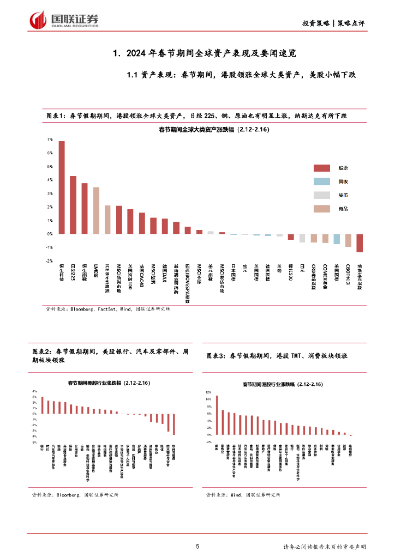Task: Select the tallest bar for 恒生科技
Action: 62,187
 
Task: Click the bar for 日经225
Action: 73,205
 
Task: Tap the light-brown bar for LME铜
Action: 96,210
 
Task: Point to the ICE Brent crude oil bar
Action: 107,220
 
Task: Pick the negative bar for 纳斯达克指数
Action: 360,243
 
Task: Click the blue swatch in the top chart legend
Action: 322,181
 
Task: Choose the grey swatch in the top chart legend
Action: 322,195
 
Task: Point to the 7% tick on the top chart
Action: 49,139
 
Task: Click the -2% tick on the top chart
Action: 49,261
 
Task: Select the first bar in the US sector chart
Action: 42,405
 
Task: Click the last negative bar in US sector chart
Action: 174,424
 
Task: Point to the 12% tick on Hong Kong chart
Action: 208,392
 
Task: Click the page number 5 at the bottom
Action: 197,547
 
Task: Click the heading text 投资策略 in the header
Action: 316,23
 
